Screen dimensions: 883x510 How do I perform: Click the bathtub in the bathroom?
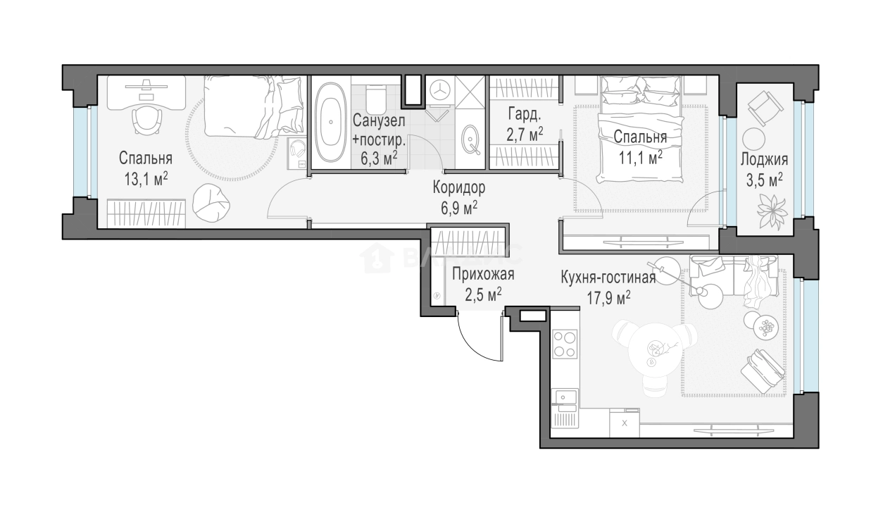click(x=330, y=123)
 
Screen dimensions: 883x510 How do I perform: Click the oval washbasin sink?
click(x=470, y=139)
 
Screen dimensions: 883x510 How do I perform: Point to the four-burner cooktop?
click(x=565, y=344)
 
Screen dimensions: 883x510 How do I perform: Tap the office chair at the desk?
click(x=147, y=120)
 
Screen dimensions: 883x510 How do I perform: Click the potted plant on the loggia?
click(x=772, y=212)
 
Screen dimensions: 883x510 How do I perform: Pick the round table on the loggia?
click(x=753, y=139)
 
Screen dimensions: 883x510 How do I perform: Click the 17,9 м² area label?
click(x=608, y=298)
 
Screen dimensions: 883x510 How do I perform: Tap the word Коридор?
click(x=459, y=188)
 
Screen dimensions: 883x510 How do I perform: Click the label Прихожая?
click(x=483, y=274)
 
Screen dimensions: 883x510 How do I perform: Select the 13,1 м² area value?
click(x=146, y=179)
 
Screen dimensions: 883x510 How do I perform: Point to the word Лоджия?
click(x=764, y=159)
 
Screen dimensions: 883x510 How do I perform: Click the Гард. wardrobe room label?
click(x=525, y=114)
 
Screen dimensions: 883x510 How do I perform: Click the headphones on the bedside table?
click(x=298, y=149)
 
